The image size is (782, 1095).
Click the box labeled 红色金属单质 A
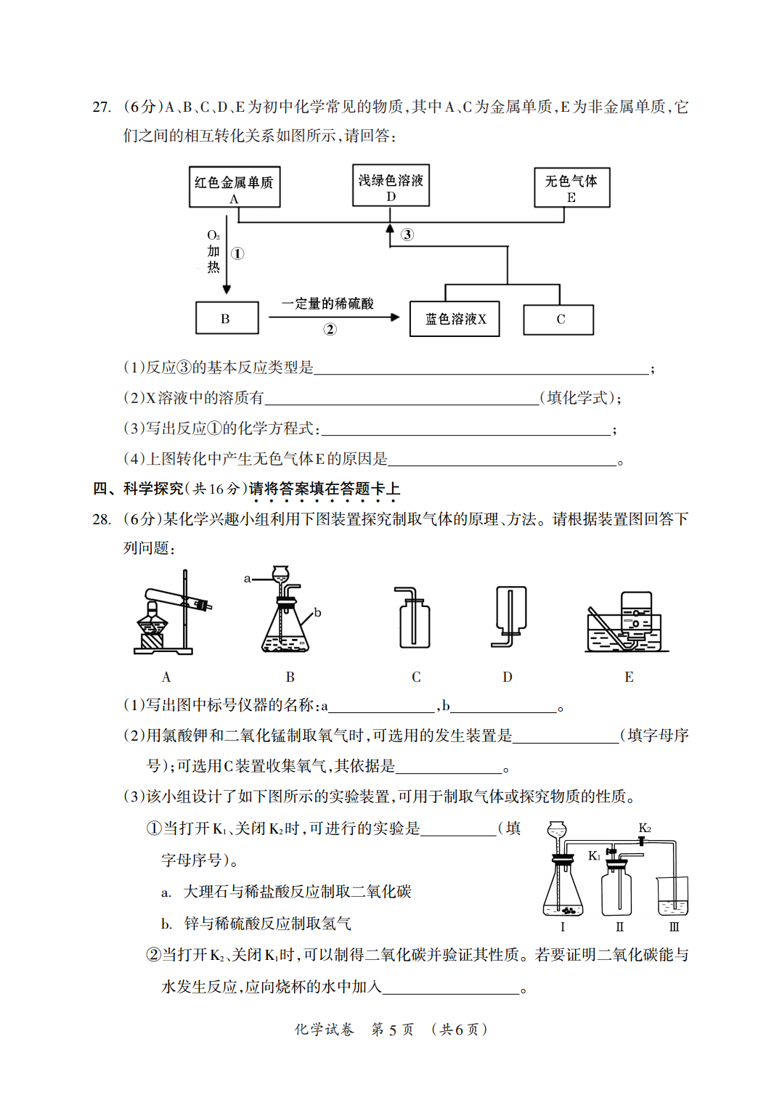click(x=235, y=187)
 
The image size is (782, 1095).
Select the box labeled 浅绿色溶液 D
click(x=391, y=185)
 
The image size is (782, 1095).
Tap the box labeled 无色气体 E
click(x=571, y=187)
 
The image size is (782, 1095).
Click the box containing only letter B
click(x=227, y=318)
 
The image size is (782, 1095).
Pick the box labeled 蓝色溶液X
click(x=455, y=319)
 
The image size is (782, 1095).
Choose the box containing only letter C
click(x=558, y=319)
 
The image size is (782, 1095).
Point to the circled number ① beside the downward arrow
click(x=237, y=253)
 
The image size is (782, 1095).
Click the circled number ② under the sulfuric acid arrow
click(x=330, y=330)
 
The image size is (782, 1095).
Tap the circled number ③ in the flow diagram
click(x=407, y=235)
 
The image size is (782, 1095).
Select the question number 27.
click(x=102, y=107)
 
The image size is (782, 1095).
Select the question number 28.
click(x=102, y=519)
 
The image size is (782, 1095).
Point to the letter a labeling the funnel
click(x=247, y=579)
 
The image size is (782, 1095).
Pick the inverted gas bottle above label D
click(x=511, y=608)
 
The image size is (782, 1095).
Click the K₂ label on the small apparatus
click(x=644, y=829)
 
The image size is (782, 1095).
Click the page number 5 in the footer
click(x=392, y=1030)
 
